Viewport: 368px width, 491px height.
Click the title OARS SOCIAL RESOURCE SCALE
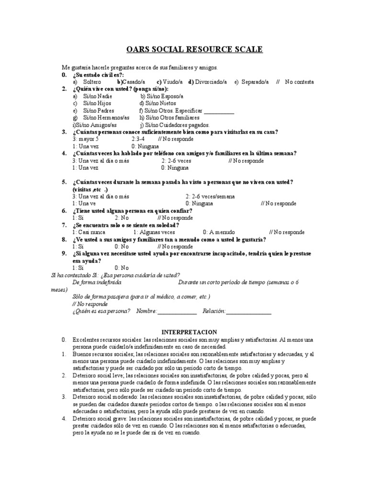(x=194, y=50)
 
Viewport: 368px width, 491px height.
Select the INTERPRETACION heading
(x=189, y=332)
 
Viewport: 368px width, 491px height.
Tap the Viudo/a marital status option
(x=170, y=82)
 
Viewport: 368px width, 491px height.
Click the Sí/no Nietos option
(x=158, y=103)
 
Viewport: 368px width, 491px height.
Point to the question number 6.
(x=64, y=210)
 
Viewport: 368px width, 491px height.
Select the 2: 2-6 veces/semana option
(x=210, y=197)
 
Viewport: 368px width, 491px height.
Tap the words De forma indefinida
(x=93, y=282)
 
